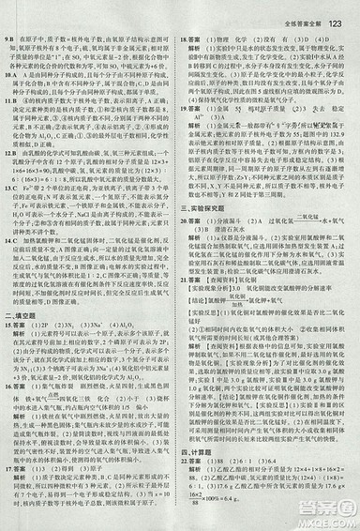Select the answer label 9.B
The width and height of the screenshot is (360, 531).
[11, 35]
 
